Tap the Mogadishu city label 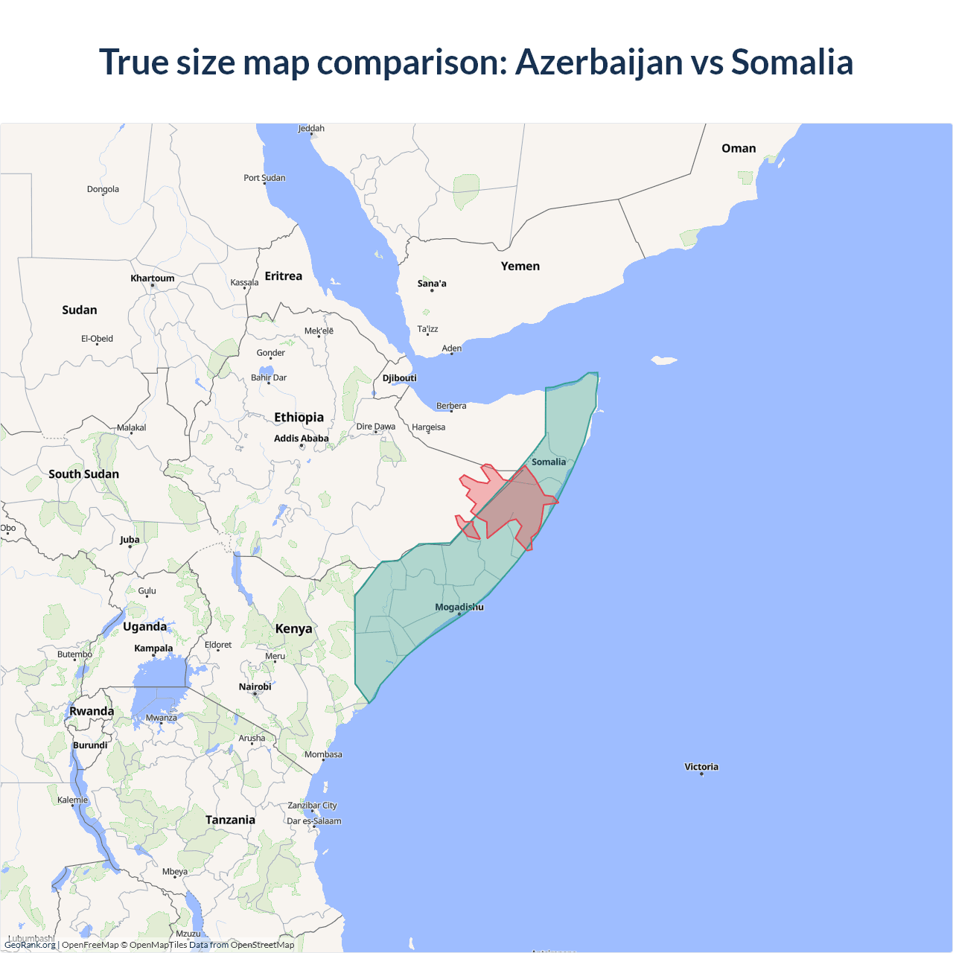459,608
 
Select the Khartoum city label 153,278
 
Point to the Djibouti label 400,378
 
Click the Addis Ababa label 301,439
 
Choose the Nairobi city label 255,687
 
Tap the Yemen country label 520,267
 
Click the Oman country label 739,149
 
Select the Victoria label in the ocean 701,767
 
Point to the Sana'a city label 432,284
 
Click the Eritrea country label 284,276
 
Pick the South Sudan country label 83,474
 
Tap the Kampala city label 153,648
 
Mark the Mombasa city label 323,755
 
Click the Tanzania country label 230,820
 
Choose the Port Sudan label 264,178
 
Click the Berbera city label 451,407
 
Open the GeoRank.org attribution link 30,945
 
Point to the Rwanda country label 92,712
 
